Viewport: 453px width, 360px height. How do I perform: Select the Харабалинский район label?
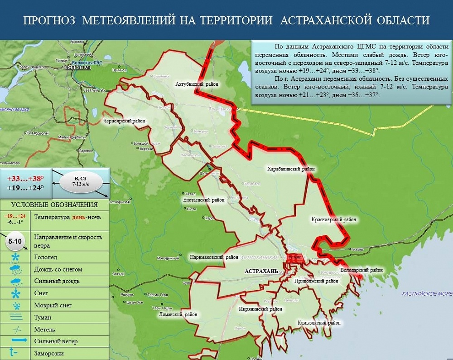291,169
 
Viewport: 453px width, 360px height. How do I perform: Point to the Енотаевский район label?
204,200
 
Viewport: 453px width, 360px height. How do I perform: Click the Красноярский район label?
334,220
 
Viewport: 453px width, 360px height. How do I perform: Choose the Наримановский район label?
214,257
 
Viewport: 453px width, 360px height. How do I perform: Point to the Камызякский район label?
319,323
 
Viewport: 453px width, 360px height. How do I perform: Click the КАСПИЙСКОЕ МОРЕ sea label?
427,294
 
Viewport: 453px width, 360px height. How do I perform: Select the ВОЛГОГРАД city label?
77,68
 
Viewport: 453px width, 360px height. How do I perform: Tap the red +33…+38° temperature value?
25,178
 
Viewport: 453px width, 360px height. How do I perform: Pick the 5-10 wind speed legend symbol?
17,241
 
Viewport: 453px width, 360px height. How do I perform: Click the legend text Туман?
43,317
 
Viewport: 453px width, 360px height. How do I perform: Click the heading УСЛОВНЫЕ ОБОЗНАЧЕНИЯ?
54,204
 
